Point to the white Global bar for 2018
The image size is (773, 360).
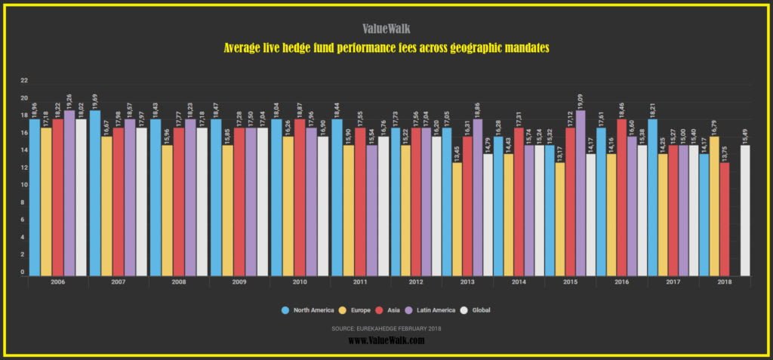coord(745,211)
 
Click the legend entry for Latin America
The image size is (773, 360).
coord(433,309)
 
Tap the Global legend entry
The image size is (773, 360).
coord(480,309)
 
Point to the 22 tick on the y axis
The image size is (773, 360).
coord(24,81)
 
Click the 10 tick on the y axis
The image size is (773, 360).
coord(24,185)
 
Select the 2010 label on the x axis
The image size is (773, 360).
coord(300,282)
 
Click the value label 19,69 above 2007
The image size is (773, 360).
coord(95,100)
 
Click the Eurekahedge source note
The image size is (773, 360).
coord(386,328)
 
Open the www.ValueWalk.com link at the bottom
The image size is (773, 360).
coord(386,341)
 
